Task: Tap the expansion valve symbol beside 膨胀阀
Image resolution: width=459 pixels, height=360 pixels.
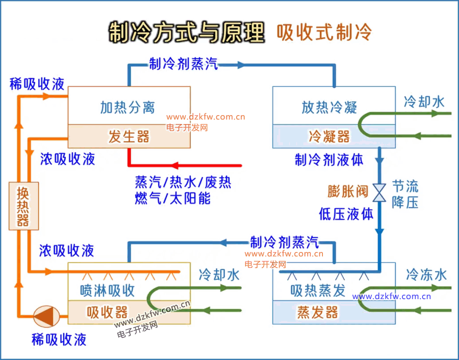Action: (379, 192)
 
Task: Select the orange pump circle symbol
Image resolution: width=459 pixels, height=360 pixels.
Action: (46, 316)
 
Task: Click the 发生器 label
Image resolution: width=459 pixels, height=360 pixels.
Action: (129, 136)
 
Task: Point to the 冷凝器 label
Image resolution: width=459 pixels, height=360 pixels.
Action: (330, 136)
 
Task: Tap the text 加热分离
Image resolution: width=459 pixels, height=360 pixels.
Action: (128, 108)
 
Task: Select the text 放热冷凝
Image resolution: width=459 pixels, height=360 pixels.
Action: (330, 108)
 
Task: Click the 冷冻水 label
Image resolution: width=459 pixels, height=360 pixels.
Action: (426, 275)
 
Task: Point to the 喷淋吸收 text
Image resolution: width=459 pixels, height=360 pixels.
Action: (107, 290)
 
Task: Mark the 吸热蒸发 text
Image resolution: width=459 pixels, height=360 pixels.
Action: (318, 290)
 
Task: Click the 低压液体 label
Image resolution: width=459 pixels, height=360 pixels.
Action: (346, 214)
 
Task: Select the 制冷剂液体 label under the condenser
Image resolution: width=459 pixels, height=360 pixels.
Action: (329, 160)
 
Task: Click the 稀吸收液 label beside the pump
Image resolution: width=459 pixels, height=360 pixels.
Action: (59, 340)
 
